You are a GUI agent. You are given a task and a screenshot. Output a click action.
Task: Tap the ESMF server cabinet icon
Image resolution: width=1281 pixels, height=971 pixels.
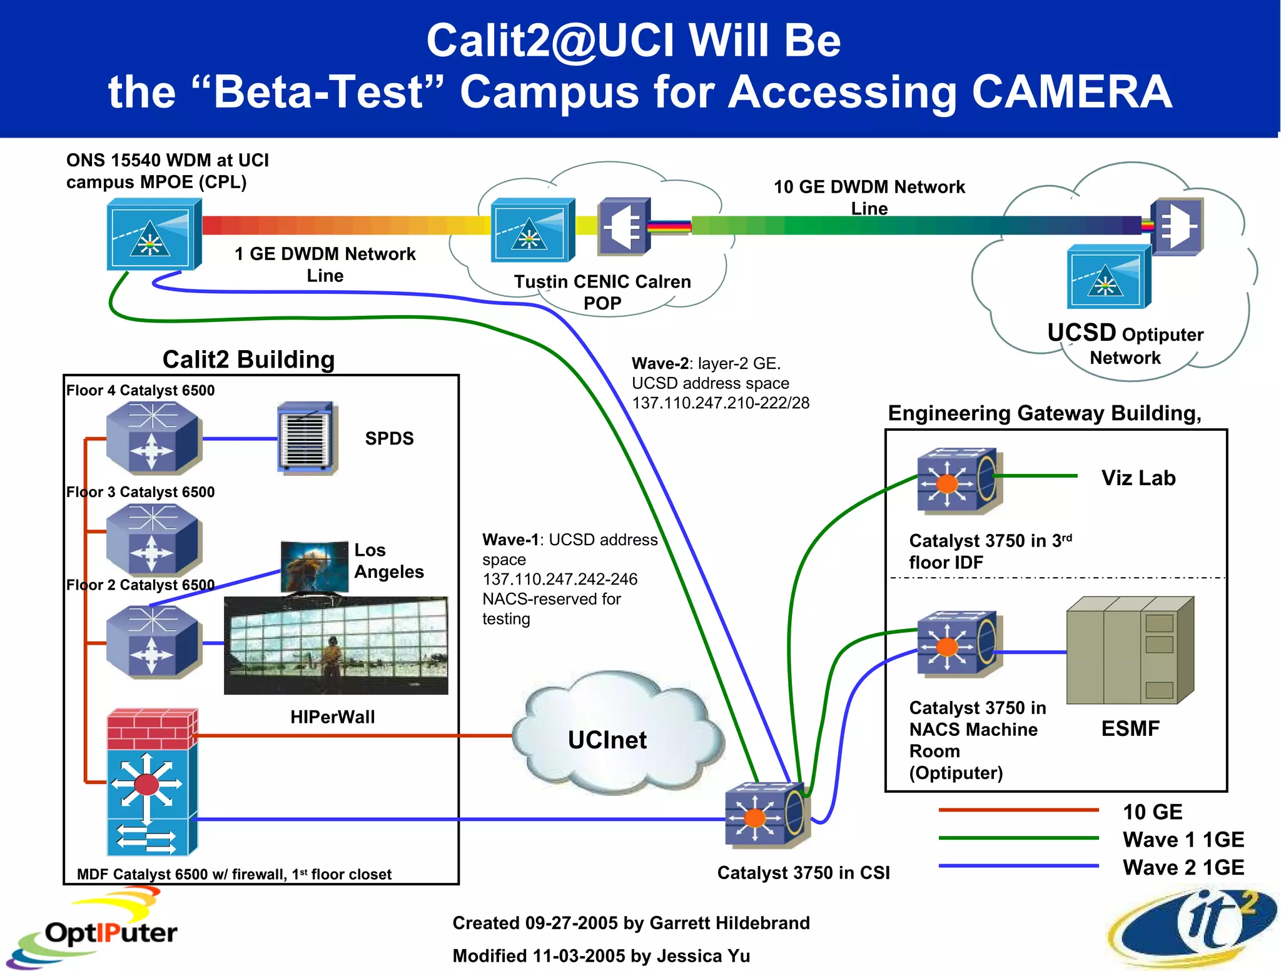[x=1130, y=650]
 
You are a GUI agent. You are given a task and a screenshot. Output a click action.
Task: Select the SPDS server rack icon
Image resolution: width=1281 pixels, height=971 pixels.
[x=307, y=438]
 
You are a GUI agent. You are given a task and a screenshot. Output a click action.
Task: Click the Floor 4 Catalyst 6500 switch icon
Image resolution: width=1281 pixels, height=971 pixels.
[x=153, y=438]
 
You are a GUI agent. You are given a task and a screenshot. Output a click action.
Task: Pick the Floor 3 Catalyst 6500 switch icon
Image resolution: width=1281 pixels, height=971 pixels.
[x=153, y=539]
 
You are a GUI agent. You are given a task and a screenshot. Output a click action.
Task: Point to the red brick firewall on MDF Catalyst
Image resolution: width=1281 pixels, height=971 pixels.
[x=152, y=729]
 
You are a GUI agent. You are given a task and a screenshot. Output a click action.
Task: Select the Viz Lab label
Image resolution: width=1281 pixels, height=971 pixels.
[x=1138, y=478]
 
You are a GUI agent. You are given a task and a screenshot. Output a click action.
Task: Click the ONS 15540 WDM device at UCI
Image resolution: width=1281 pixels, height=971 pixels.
[x=153, y=234]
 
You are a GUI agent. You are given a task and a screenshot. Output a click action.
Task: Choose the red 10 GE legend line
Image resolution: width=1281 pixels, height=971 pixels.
[x=1018, y=810]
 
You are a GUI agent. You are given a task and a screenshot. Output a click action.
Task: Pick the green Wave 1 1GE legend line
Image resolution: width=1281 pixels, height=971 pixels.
[x=1018, y=838]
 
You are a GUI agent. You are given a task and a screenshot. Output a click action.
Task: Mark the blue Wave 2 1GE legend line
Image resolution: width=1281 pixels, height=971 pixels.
[x=1018, y=866]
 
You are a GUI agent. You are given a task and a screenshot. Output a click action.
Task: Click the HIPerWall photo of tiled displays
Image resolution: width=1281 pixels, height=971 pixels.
[x=336, y=645]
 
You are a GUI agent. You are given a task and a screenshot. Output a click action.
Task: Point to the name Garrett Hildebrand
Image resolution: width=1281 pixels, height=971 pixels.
[x=729, y=923]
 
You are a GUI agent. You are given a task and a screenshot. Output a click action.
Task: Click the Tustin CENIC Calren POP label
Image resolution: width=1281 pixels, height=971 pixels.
[x=602, y=292]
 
